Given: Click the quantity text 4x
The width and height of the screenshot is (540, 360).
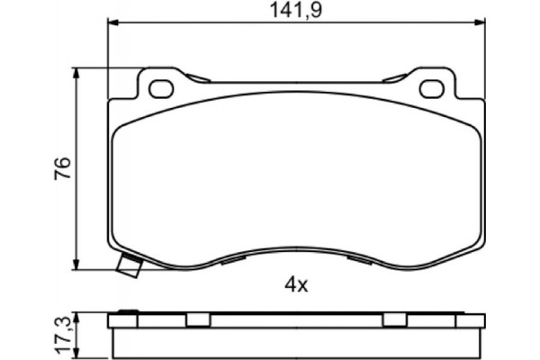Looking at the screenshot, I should point(296,286).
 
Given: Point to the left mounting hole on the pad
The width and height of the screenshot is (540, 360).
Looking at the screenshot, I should point(162,88).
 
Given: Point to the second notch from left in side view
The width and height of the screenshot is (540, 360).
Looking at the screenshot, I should point(197,319).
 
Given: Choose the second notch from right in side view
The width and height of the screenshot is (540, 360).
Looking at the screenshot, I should point(395,319).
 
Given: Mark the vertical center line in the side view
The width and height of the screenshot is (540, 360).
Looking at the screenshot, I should point(297,335).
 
